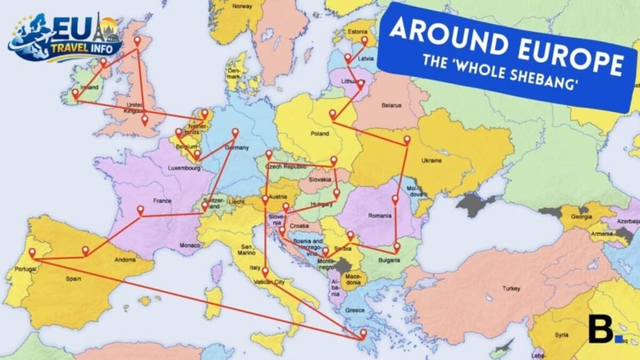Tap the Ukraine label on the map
pos(432,161)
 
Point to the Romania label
pos(380,216)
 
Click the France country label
pos(162,201)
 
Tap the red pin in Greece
pos(363,333)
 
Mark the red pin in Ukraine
pos(407,140)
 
